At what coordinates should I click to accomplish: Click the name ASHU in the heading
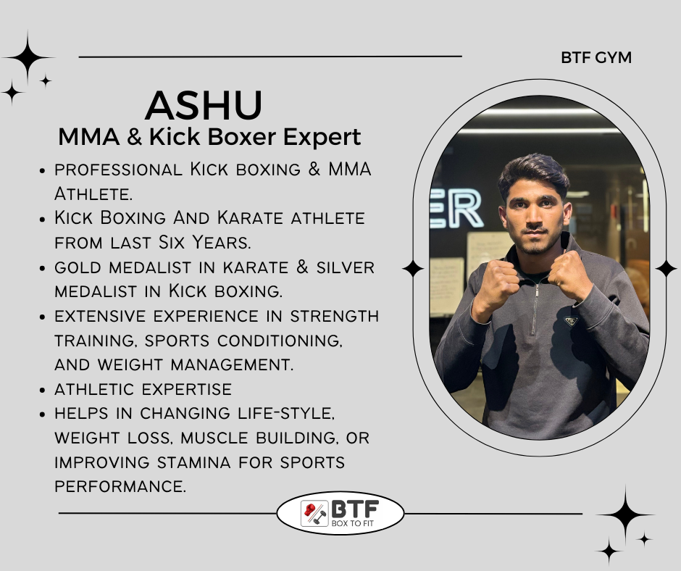[204, 105]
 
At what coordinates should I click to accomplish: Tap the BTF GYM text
[596, 57]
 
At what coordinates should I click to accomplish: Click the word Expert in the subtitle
[322, 138]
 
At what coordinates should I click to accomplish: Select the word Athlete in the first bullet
[93, 193]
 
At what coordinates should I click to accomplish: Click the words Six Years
[204, 243]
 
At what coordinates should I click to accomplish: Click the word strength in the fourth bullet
[335, 316]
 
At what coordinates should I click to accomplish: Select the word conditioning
[280, 341]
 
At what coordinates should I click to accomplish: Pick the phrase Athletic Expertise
[143, 389]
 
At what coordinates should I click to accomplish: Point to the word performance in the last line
[120, 486]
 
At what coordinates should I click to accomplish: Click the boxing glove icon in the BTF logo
[310, 509]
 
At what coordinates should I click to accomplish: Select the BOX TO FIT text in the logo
[352, 523]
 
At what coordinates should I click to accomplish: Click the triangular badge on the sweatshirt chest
[571, 321]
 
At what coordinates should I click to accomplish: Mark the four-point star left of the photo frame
[413, 269]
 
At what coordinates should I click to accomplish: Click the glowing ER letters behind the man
[457, 209]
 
